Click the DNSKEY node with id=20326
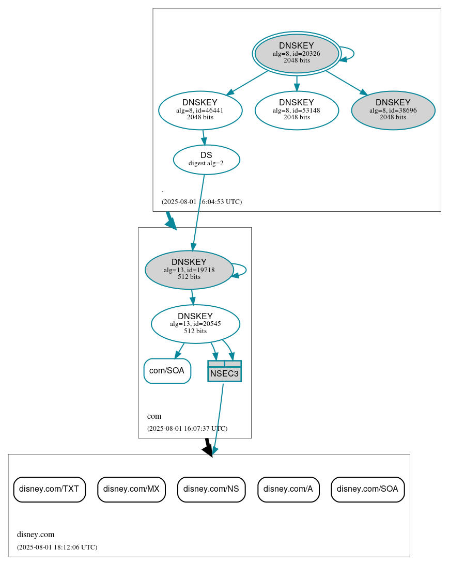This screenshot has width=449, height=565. click(x=297, y=53)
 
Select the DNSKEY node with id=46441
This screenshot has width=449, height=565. click(x=200, y=110)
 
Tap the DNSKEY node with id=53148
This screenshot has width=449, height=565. click(x=297, y=110)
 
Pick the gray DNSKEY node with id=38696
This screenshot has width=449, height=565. click(x=393, y=110)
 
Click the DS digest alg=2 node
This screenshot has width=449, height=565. click(x=206, y=159)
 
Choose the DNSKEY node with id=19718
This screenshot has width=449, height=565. click(x=189, y=270)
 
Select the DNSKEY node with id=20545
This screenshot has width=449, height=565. click(x=195, y=324)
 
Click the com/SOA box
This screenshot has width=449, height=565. click(x=167, y=371)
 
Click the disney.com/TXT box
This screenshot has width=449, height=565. click(x=49, y=489)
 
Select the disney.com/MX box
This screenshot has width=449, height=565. click(x=131, y=489)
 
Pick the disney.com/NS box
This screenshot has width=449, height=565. click(x=211, y=489)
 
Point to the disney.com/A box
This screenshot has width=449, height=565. click(x=288, y=489)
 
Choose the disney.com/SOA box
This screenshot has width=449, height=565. click(x=367, y=489)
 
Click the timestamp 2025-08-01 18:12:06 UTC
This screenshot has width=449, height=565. click(x=57, y=547)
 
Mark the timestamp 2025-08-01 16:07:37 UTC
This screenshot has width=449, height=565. click(x=187, y=428)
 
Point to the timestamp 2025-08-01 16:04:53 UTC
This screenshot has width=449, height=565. click(x=202, y=201)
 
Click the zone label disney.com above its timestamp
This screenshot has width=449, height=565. click(x=36, y=535)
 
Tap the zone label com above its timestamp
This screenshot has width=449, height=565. click(x=154, y=416)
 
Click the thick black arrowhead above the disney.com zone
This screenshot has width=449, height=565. click(x=208, y=451)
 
